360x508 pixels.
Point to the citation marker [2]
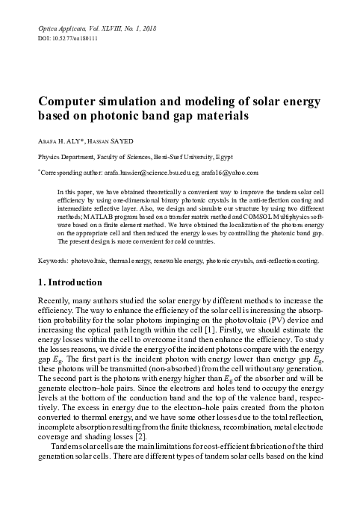[x=173, y=435]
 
